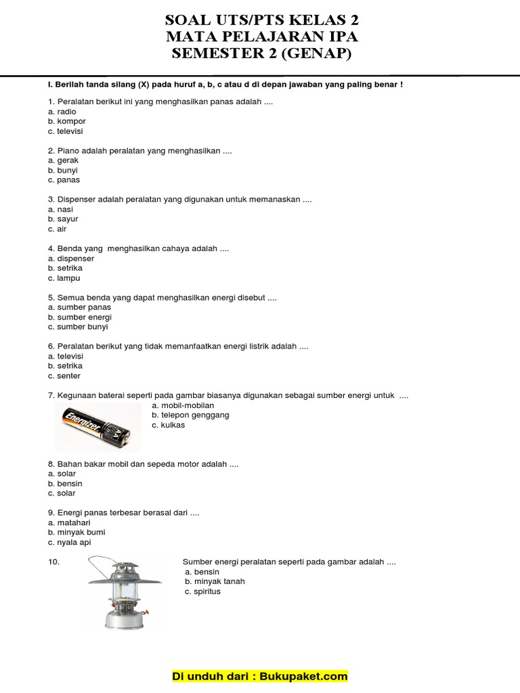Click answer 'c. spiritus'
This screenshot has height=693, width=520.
click(202, 591)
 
